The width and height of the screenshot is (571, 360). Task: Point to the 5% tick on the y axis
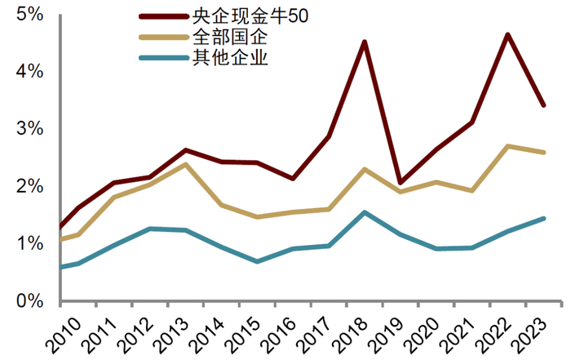27,15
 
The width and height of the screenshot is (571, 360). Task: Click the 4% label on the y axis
27,72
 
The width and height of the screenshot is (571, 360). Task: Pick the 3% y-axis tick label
27,129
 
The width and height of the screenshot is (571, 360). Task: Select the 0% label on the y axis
27,301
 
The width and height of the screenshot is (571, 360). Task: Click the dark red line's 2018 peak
364,42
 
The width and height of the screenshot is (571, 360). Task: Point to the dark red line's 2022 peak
507,34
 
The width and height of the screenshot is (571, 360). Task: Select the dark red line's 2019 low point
400,183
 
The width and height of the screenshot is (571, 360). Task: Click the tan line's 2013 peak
186,164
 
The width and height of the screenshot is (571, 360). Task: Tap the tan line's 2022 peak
507,146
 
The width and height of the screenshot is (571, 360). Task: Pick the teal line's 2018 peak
364,212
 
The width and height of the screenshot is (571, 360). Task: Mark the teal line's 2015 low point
257,261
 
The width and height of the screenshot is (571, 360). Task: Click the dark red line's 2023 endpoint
543,105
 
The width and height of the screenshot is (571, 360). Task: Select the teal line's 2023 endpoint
543,218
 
